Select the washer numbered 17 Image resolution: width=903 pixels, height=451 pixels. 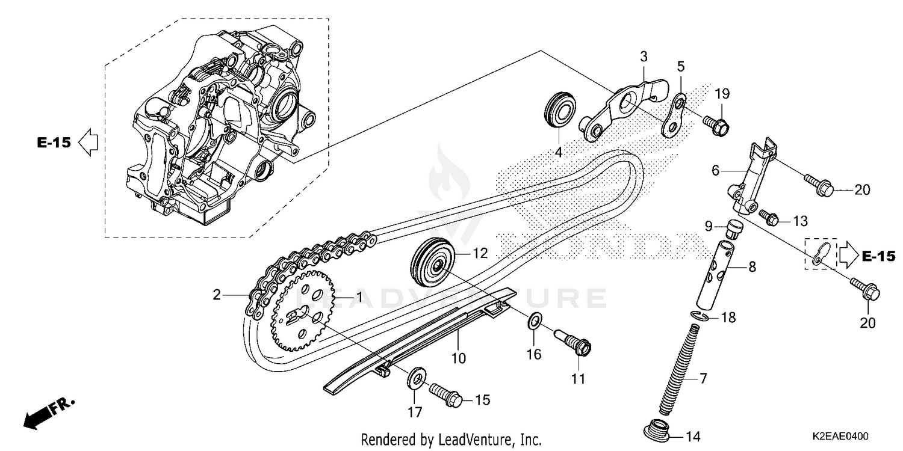coord(414,379)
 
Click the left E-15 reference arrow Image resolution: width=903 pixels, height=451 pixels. coord(88,143)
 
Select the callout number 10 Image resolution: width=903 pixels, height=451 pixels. coord(459,358)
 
